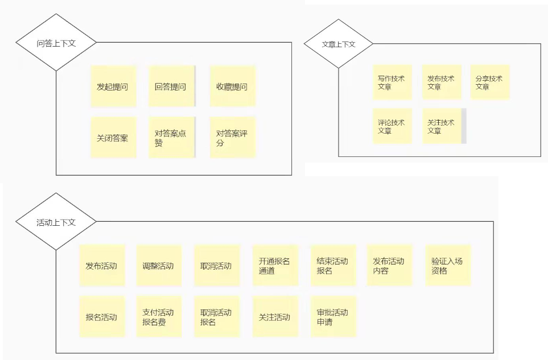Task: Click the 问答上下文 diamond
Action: (x=56, y=43)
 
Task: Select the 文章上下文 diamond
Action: (x=339, y=44)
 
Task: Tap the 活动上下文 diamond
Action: (x=56, y=222)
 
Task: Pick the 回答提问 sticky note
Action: (x=171, y=86)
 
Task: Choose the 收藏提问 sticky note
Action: (x=232, y=86)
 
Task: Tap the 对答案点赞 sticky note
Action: (x=171, y=138)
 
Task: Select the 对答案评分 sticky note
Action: (x=232, y=138)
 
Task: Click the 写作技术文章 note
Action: (x=392, y=82)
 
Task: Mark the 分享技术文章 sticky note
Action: (x=490, y=82)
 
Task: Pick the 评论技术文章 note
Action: (x=392, y=126)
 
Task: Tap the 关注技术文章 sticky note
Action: (x=442, y=126)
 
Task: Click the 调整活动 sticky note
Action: (x=159, y=266)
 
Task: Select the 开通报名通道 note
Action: (x=275, y=266)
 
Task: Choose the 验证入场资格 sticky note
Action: (x=448, y=266)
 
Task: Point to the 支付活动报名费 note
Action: (x=159, y=317)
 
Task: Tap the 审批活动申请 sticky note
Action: (x=333, y=317)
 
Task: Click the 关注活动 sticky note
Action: (x=275, y=317)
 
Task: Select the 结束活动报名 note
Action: (x=333, y=266)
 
